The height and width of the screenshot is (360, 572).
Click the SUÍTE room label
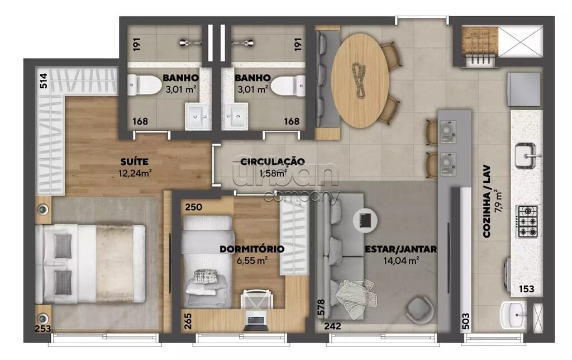pos(134,162)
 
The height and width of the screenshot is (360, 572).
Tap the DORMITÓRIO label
pos(252,249)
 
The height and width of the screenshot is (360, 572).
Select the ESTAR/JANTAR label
pos(401,249)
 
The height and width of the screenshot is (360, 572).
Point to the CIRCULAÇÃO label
pos(272,162)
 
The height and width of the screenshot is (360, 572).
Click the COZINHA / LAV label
pos(487,202)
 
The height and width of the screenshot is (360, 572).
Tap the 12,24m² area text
pos(135,173)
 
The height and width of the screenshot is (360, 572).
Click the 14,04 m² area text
pos(401,260)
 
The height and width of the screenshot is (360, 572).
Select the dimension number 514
pos(43,80)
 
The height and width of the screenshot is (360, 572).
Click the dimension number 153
pos(526,289)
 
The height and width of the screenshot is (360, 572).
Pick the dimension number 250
pos(193,207)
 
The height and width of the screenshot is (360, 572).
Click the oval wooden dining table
pos(360,80)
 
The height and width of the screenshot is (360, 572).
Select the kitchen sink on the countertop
pos(526,156)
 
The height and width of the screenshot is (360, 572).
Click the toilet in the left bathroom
pos(145,86)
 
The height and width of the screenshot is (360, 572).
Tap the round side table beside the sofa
pos(365,220)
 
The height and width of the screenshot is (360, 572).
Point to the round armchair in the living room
pos(421,310)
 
